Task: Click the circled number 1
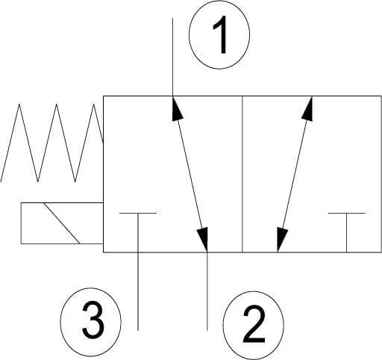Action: (x=219, y=35)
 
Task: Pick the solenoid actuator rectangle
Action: (x=62, y=223)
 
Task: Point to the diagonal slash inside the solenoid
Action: (x=62, y=223)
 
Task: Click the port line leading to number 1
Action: (x=173, y=57)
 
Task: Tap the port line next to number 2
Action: (x=207, y=291)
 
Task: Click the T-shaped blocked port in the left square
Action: (x=138, y=232)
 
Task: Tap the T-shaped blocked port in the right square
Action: (x=347, y=232)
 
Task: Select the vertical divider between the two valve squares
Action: (x=242, y=174)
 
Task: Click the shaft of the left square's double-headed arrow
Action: (x=190, y=174)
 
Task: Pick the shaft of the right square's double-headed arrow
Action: (x=295, y=174)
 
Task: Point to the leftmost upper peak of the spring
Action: (x=19, y=104)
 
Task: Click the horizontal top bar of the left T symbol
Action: (x=138, y=213)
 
